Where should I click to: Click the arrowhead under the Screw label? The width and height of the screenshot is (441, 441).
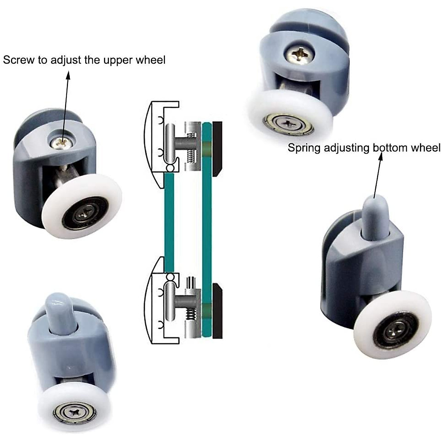click(68, 75)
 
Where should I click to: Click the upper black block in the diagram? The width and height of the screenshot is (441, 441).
click(217, 147)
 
